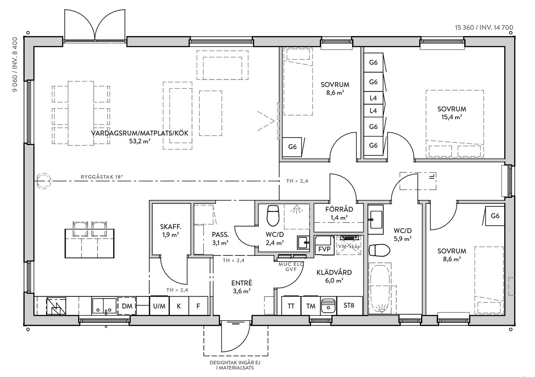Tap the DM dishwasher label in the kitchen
[x=127, y=306]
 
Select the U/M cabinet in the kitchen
[x=159, y=306]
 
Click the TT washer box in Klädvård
[x=291, y=306]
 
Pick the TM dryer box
[x=311, y=306]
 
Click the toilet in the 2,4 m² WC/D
[x=273, y=216]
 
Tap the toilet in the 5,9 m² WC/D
[x=379, y=251]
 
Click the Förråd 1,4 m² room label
[x=339, y=213]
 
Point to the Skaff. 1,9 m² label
[x=171, y=230]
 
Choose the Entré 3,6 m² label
[x=242, y=287]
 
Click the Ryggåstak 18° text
[x=102, y=177]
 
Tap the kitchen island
[x=89, y=243]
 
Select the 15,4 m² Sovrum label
[x=452, y=113]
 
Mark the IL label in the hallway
[x=432, y=176]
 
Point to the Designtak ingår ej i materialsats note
[x=235, y=365]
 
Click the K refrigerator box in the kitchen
[x=179, y=306]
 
